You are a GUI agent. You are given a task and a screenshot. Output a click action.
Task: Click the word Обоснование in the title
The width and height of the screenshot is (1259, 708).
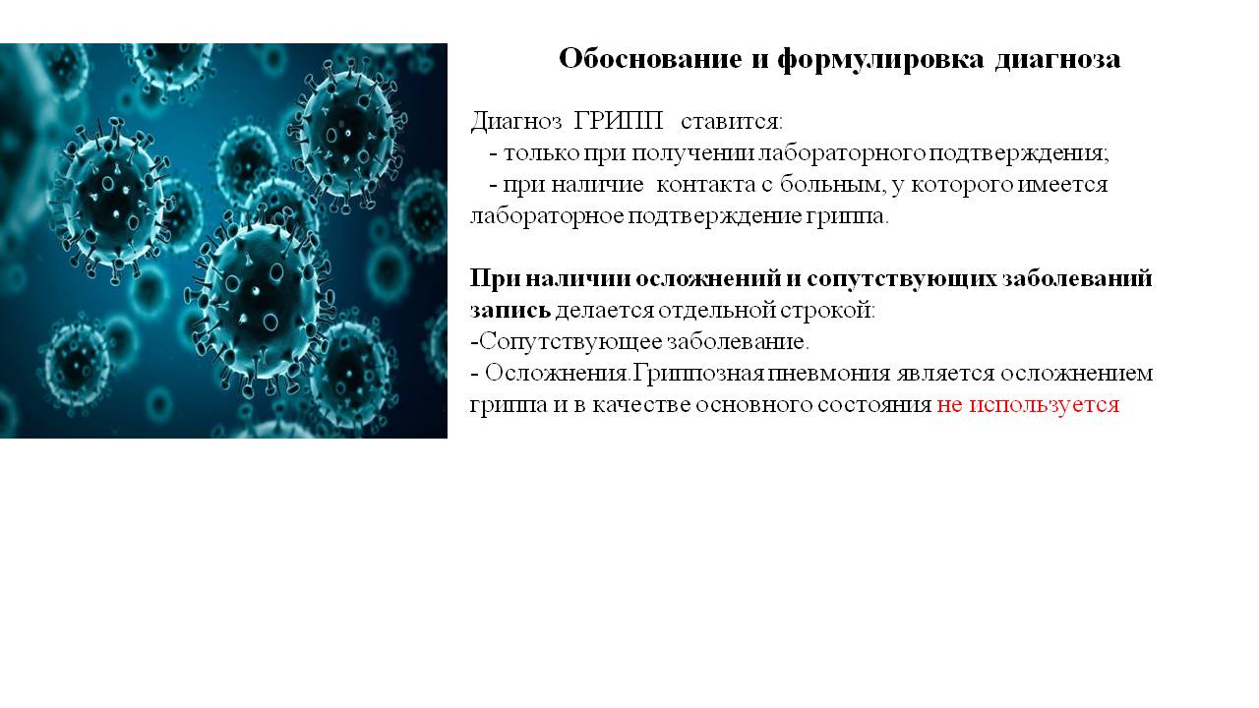(650, 59)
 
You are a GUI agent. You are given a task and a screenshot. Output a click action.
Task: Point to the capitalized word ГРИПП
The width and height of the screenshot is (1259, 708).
(619, 121)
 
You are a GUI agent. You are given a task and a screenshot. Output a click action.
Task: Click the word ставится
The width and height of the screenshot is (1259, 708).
(732, 122)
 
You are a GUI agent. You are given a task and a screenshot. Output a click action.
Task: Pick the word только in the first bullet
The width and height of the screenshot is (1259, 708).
(541, 152)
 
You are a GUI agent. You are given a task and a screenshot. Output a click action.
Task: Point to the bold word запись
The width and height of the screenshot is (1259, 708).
(510, 311)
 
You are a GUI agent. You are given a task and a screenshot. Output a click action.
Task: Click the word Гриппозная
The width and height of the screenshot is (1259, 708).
(698, 373)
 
